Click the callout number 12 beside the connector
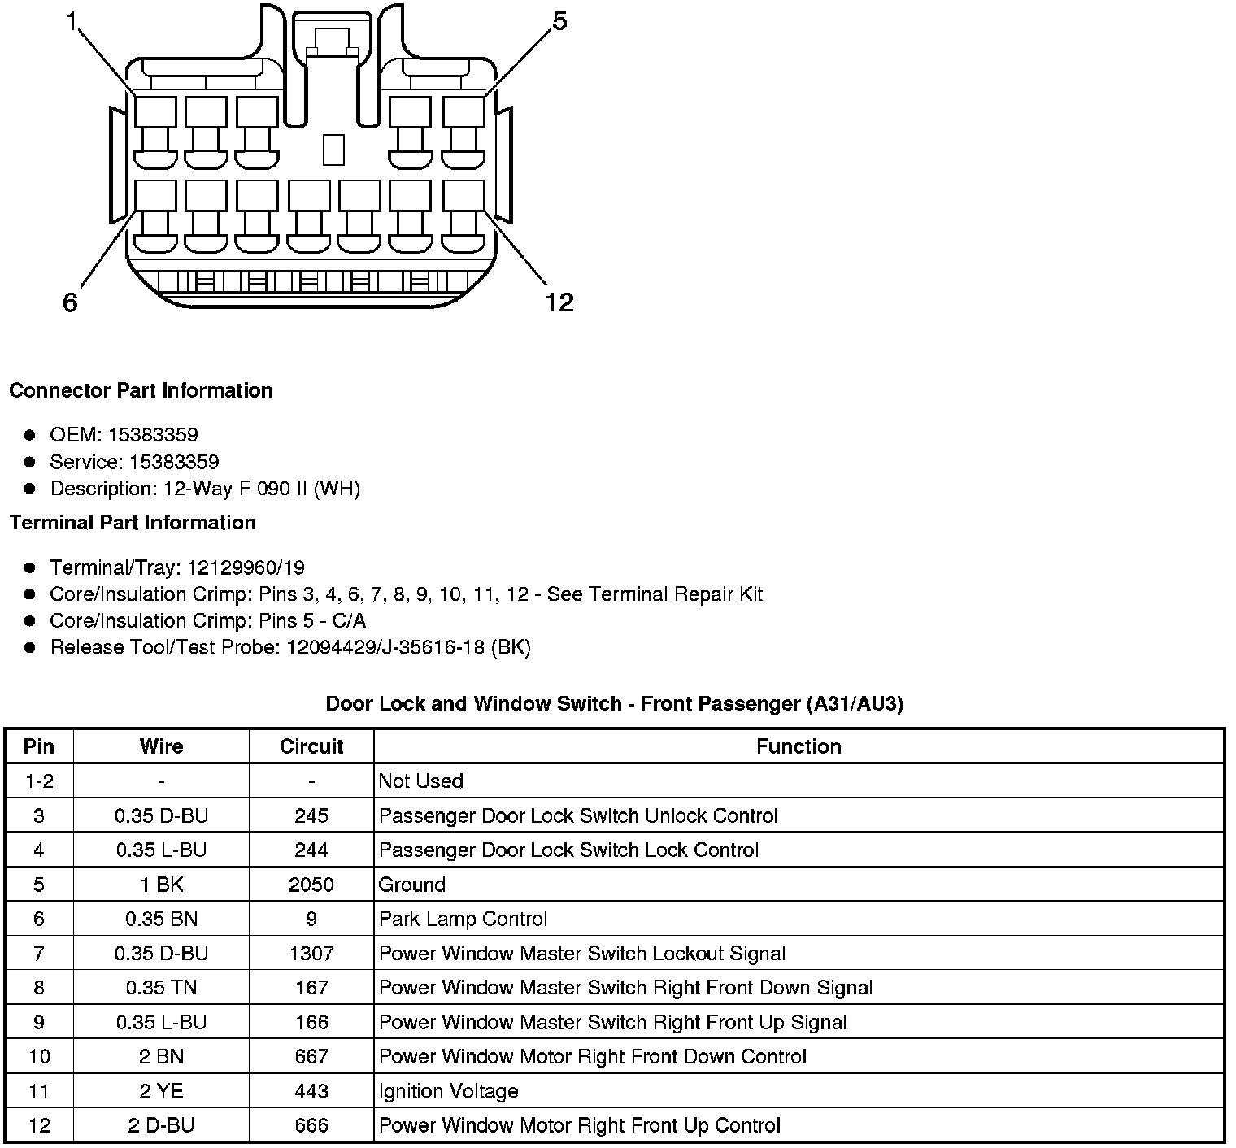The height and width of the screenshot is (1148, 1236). click(x=559, y=302)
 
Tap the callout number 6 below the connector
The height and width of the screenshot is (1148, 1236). click(x=71, y=302)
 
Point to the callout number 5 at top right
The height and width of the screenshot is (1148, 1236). click(x=559, y=22)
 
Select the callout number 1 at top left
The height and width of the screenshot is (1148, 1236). click(x=72, y=22)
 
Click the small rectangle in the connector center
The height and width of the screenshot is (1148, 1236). click(x=333, y=149)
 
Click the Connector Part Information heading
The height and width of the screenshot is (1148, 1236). click(x=141, y=390)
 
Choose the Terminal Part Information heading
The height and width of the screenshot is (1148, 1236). click(x=133, y=522)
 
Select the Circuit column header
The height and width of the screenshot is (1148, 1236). click(x=311, y=746)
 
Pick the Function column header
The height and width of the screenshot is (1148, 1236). click(x=799, y=746)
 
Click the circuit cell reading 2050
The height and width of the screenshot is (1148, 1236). click(x=311, y=885)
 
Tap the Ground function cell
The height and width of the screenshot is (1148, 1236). click(x=412, y=885)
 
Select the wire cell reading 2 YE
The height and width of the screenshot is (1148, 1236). click(x=161, y=1091)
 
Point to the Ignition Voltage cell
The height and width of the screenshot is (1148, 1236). click(x=449, y=1091)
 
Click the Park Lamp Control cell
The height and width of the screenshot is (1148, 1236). click(x=463, y=919)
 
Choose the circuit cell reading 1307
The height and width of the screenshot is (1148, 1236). click(x=311, y=953)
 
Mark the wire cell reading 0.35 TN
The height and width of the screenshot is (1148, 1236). click(x=161, y=988)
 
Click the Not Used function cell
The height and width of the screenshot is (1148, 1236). click(x=421, y=781)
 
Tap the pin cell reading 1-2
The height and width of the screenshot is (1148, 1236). click(x=39, y=781)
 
